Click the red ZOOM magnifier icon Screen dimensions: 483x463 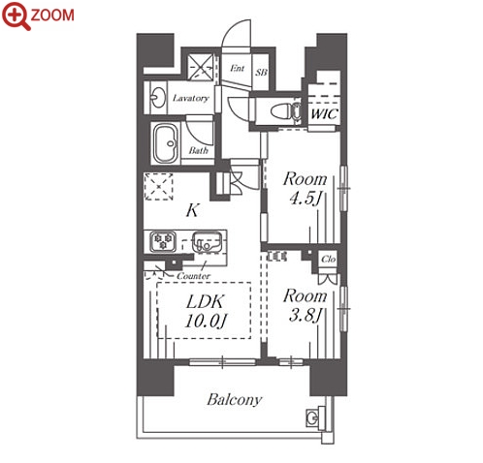coord(16,15)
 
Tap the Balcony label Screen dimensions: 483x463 coord(234,400)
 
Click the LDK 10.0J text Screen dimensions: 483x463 coord(205,312)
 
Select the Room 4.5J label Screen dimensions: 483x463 coord(306,189)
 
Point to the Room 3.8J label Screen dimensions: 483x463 coord(306,306)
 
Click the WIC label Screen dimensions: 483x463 coord(324,113)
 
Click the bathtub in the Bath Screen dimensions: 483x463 coord(165,143)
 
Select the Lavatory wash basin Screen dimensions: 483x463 coord(158,97)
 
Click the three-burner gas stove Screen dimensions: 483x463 coord(163,241)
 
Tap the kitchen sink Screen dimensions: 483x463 coord(207,242)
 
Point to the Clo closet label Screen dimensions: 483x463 coord(328,259)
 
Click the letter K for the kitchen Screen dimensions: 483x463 coord(192,210)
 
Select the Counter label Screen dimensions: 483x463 coord(193,276)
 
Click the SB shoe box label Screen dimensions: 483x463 coord(261,72)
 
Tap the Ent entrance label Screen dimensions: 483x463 coord(238,68)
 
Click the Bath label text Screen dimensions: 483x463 coord(198,150)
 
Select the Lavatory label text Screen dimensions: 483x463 coord(191,98)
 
